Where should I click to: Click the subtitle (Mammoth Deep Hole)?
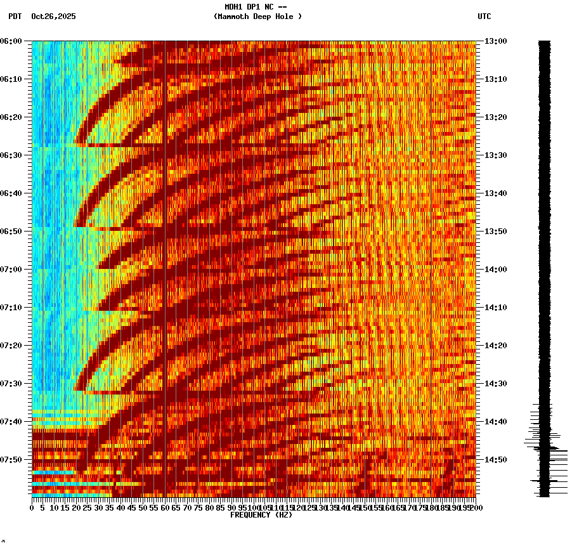click(257, 16)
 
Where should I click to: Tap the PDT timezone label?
click(15, 16)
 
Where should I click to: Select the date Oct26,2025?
click(53, 16)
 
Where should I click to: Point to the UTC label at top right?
click(484, 16)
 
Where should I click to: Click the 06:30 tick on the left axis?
click(11, 155)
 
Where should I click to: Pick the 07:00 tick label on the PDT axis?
click(11, 270)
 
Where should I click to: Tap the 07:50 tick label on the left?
click(11, 460)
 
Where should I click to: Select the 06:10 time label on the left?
click(11, 79)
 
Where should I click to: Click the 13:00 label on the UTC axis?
click(495, 41)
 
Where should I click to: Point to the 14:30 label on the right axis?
click(495, 384)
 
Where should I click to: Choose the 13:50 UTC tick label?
click(495, 232)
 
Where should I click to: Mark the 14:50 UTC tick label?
click(495, 460)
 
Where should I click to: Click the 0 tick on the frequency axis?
click(32, 507)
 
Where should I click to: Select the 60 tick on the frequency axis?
click(166, 507)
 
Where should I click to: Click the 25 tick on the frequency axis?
click(88, 507)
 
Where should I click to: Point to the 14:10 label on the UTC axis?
click(495, 308)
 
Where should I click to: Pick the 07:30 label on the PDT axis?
click(11, 384)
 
